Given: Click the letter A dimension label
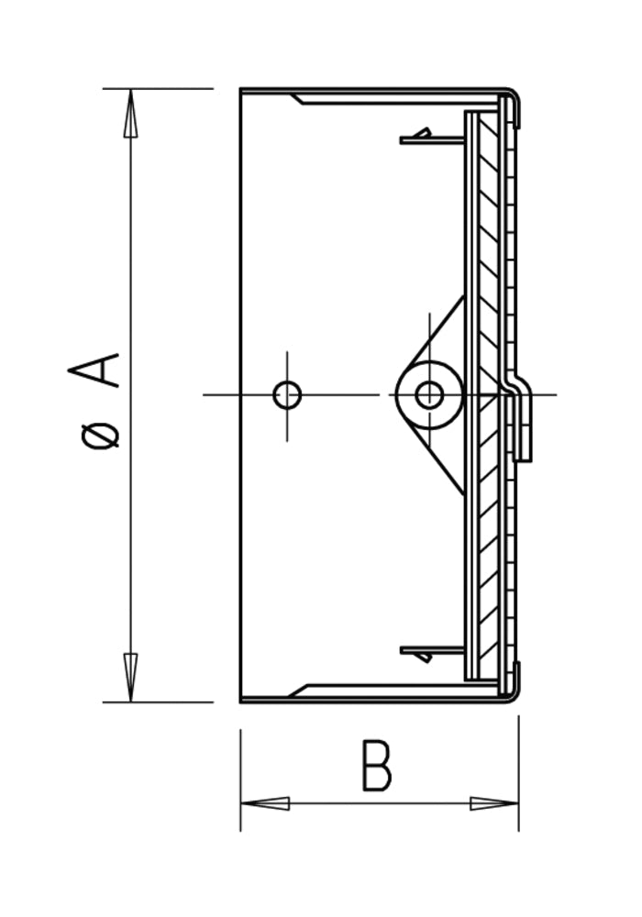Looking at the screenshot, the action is point(94,370).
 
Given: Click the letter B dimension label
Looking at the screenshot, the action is point(377,766).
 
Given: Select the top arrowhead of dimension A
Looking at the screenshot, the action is point(131,113).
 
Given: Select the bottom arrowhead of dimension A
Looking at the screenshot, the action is point(131,678).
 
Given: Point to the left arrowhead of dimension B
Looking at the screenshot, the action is point(265,803).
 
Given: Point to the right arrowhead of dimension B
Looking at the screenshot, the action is point(494,803).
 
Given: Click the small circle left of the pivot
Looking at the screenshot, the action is point(287,395).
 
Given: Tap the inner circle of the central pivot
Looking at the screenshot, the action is point(429,395).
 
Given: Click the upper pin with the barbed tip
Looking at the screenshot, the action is point(432,138).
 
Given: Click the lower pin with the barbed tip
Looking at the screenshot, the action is point(432,653).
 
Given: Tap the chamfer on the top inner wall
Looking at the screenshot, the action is point(298,99).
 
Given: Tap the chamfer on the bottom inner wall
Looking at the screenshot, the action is point(298,691).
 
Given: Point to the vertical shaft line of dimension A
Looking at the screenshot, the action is point(131,395).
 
